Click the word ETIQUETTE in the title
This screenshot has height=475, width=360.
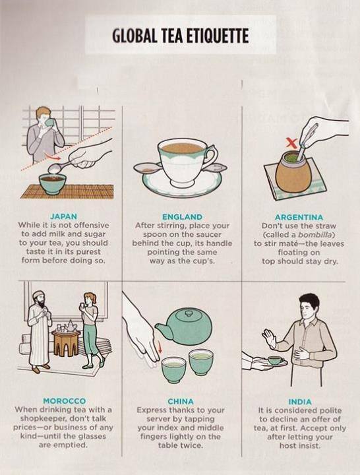coord(217,36)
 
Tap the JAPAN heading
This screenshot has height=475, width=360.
coord(63,216)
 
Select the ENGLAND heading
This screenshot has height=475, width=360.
coord(182,217)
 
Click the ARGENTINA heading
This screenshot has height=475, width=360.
coord(299,217)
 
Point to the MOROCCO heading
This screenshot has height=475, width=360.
coord(64,401)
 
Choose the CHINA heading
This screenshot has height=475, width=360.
coord(181,401)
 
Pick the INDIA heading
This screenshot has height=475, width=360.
coord(300,402)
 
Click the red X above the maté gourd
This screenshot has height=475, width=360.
coord(291,142)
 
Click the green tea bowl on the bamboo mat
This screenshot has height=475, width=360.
coord(52,183)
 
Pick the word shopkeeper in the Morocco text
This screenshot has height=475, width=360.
coord(41,419)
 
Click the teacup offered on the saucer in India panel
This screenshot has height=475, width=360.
coord(276,360)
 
